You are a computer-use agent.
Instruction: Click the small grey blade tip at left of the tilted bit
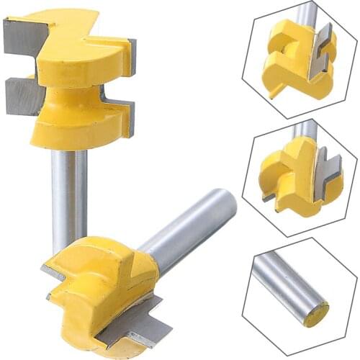[x=50, y=271]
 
